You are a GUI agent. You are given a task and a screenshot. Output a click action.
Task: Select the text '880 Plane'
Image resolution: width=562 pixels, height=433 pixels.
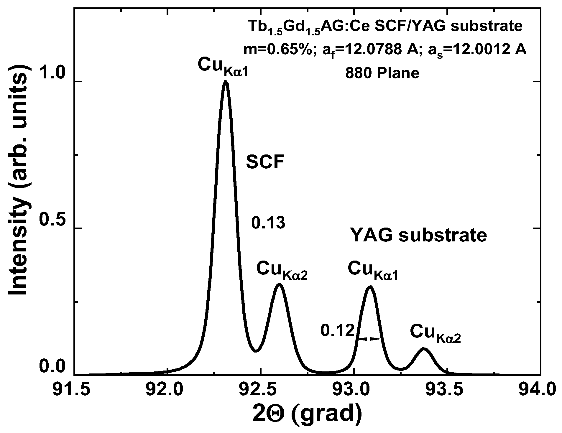[382, 73]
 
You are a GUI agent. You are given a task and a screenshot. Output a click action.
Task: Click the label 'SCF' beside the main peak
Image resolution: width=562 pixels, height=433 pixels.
[265, 162]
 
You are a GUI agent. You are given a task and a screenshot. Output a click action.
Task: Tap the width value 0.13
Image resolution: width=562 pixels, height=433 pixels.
[268, 223]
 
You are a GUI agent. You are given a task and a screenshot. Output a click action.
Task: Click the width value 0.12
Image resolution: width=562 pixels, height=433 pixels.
[337, 331]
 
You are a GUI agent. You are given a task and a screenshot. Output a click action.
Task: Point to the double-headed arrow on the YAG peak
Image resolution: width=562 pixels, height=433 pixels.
[369, 339]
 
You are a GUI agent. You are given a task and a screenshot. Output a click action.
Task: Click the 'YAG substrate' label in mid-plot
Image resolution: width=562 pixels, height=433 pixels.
[418, 236]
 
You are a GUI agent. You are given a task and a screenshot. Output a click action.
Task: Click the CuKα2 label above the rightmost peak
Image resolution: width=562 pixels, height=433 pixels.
[435, 333]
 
